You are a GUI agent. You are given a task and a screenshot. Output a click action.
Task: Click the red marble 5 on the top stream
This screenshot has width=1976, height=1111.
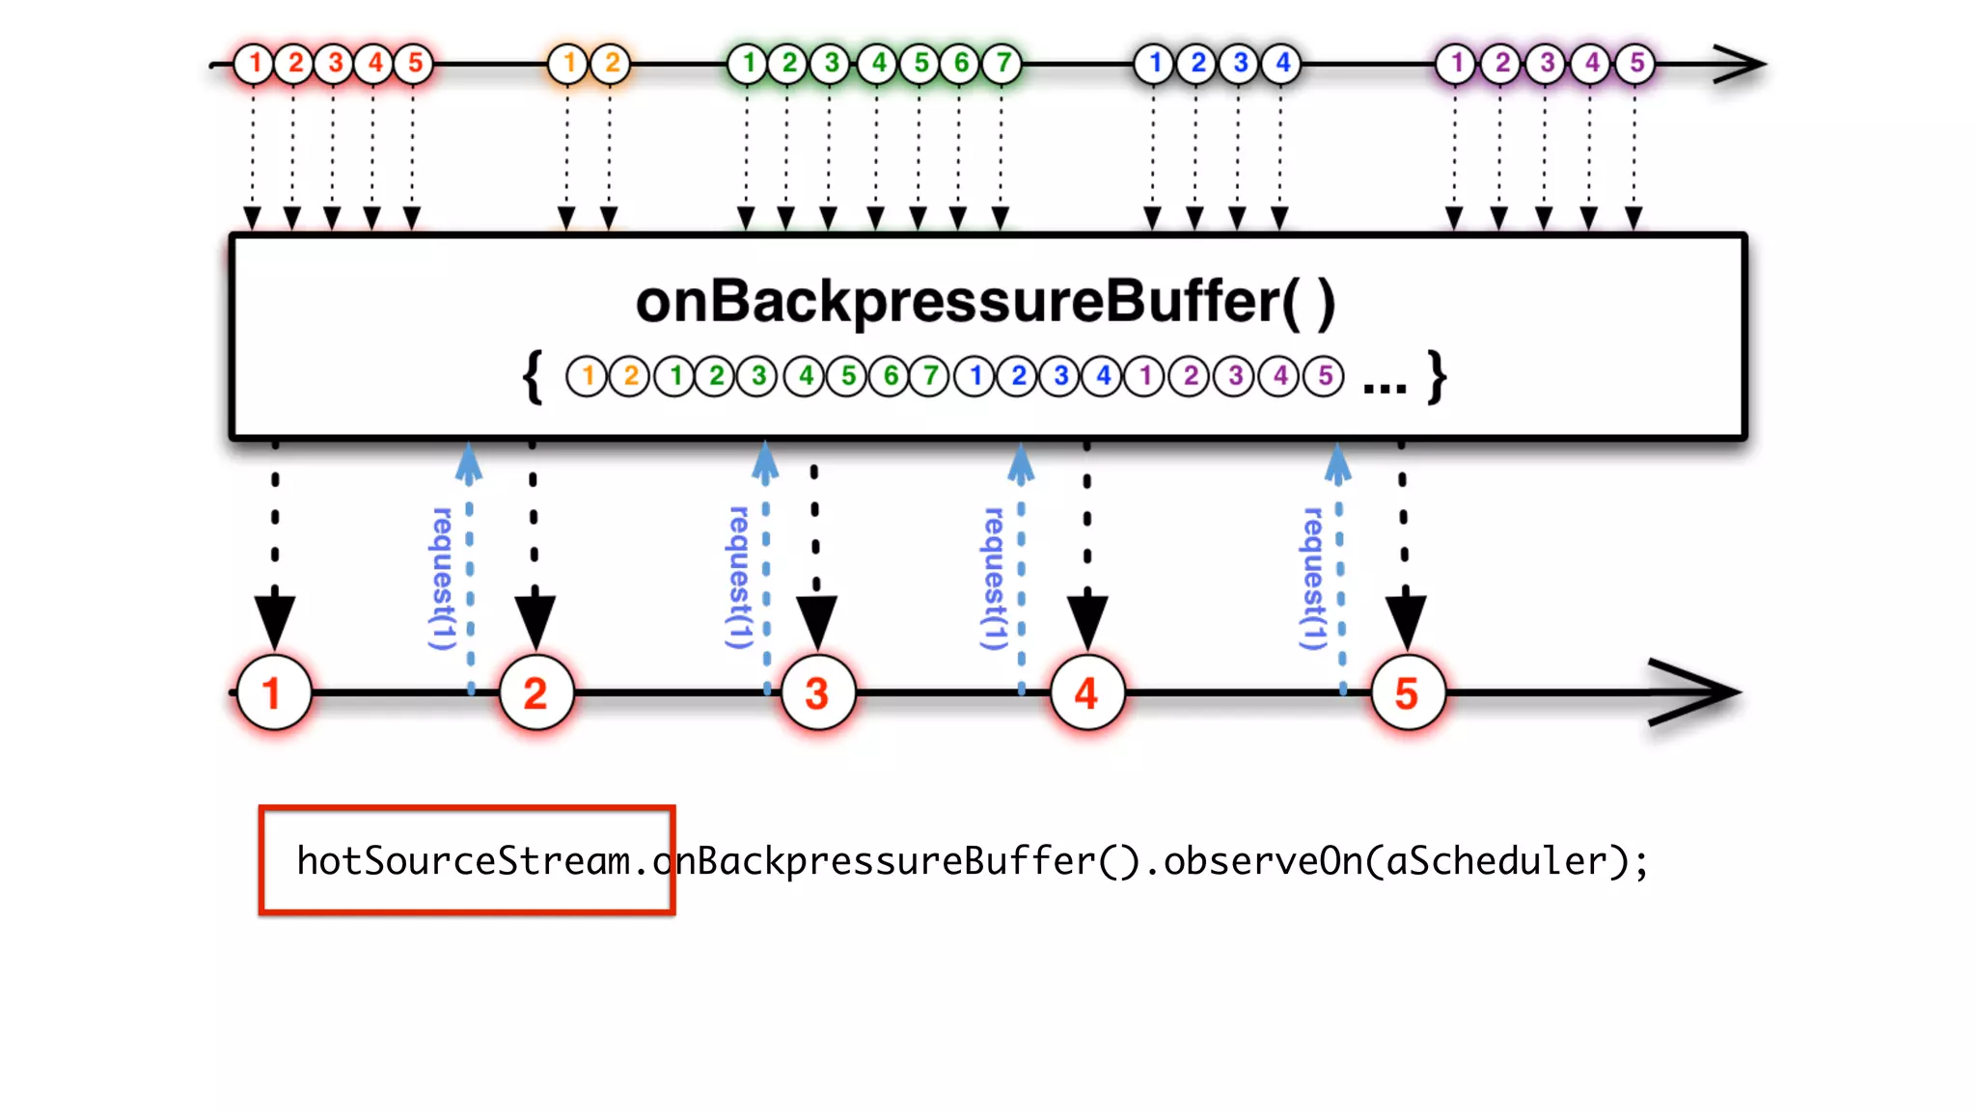[415, 64]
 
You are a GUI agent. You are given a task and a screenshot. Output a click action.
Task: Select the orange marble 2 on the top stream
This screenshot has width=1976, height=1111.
[612, 64]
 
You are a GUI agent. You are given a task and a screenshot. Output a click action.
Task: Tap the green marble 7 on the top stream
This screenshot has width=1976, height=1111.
[1003, 64]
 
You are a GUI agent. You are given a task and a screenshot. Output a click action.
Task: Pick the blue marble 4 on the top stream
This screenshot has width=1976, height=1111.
[1282, 64]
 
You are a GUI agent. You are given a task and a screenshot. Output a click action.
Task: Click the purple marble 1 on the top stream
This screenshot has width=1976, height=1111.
[1457, 64]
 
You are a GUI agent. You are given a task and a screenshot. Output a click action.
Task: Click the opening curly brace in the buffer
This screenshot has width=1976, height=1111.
[533, 377]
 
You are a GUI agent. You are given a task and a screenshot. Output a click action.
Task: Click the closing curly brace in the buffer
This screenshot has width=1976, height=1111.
[1438, 377]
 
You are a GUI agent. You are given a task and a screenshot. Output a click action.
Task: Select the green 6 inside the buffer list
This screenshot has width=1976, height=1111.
[891, 376]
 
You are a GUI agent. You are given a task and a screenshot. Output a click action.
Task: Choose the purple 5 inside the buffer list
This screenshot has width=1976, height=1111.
[1325, 376]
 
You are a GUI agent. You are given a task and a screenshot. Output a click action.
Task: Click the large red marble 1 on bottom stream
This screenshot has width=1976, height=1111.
[274, 693]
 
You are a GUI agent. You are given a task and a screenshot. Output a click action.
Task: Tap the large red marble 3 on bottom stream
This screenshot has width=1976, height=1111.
[817, 693]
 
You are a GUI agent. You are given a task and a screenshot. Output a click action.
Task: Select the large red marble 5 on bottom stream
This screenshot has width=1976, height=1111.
[1407, 693]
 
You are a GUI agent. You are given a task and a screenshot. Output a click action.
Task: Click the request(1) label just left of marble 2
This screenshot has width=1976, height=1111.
[442, 579]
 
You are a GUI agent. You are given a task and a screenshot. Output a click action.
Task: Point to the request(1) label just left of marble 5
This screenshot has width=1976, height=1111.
[1313, 579]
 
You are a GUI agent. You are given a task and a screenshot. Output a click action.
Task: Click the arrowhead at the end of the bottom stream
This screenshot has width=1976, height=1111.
[1698, 692]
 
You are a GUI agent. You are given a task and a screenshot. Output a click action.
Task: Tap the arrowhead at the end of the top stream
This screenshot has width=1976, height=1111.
[1742, 65]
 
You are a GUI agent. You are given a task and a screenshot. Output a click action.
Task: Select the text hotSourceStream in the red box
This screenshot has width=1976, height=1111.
[463, 860]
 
